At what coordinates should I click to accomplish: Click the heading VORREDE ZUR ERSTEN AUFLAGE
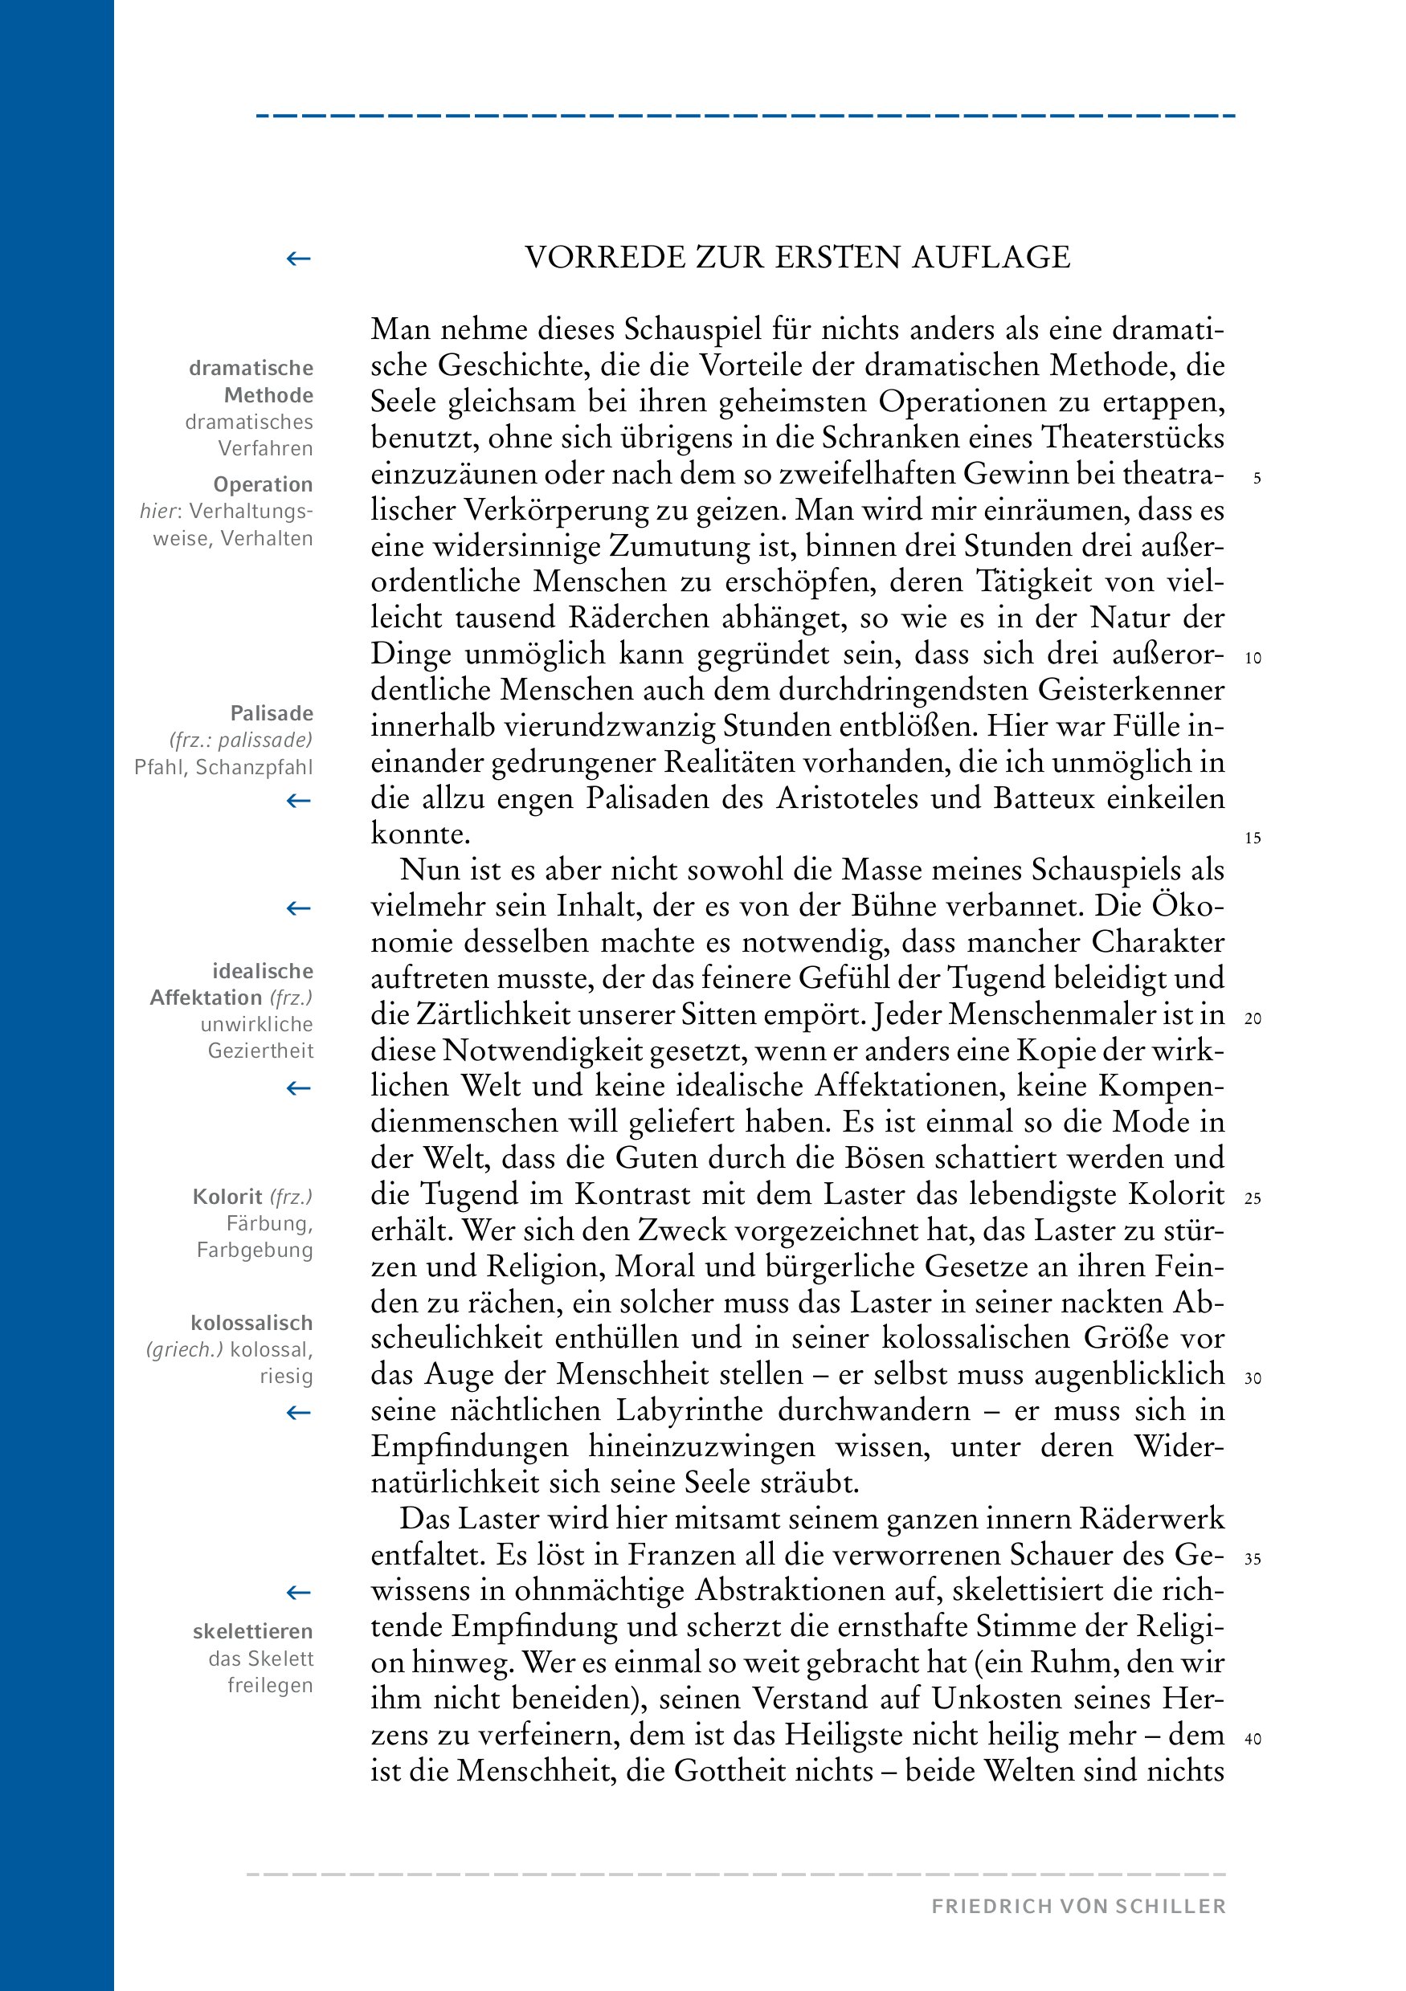(x=797, y=258)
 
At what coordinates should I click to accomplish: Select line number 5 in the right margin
(x=1257, y=478)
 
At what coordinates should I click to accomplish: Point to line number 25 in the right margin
(x=1253, y=1199)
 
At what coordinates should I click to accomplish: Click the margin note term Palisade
(x=271, y=714)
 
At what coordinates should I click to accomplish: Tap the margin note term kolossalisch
(x=251, y=1324)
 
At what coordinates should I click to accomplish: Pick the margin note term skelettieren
(x=252, y=1631)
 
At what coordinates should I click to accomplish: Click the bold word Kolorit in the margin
(x=227, y=1197)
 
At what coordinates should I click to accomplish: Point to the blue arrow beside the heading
(x=298, y=259)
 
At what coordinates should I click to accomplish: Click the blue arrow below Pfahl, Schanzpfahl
(x=298, y=801)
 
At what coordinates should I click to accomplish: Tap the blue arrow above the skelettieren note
(x=298, y=1592)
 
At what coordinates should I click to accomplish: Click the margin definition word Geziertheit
(x=260, y=1051)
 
